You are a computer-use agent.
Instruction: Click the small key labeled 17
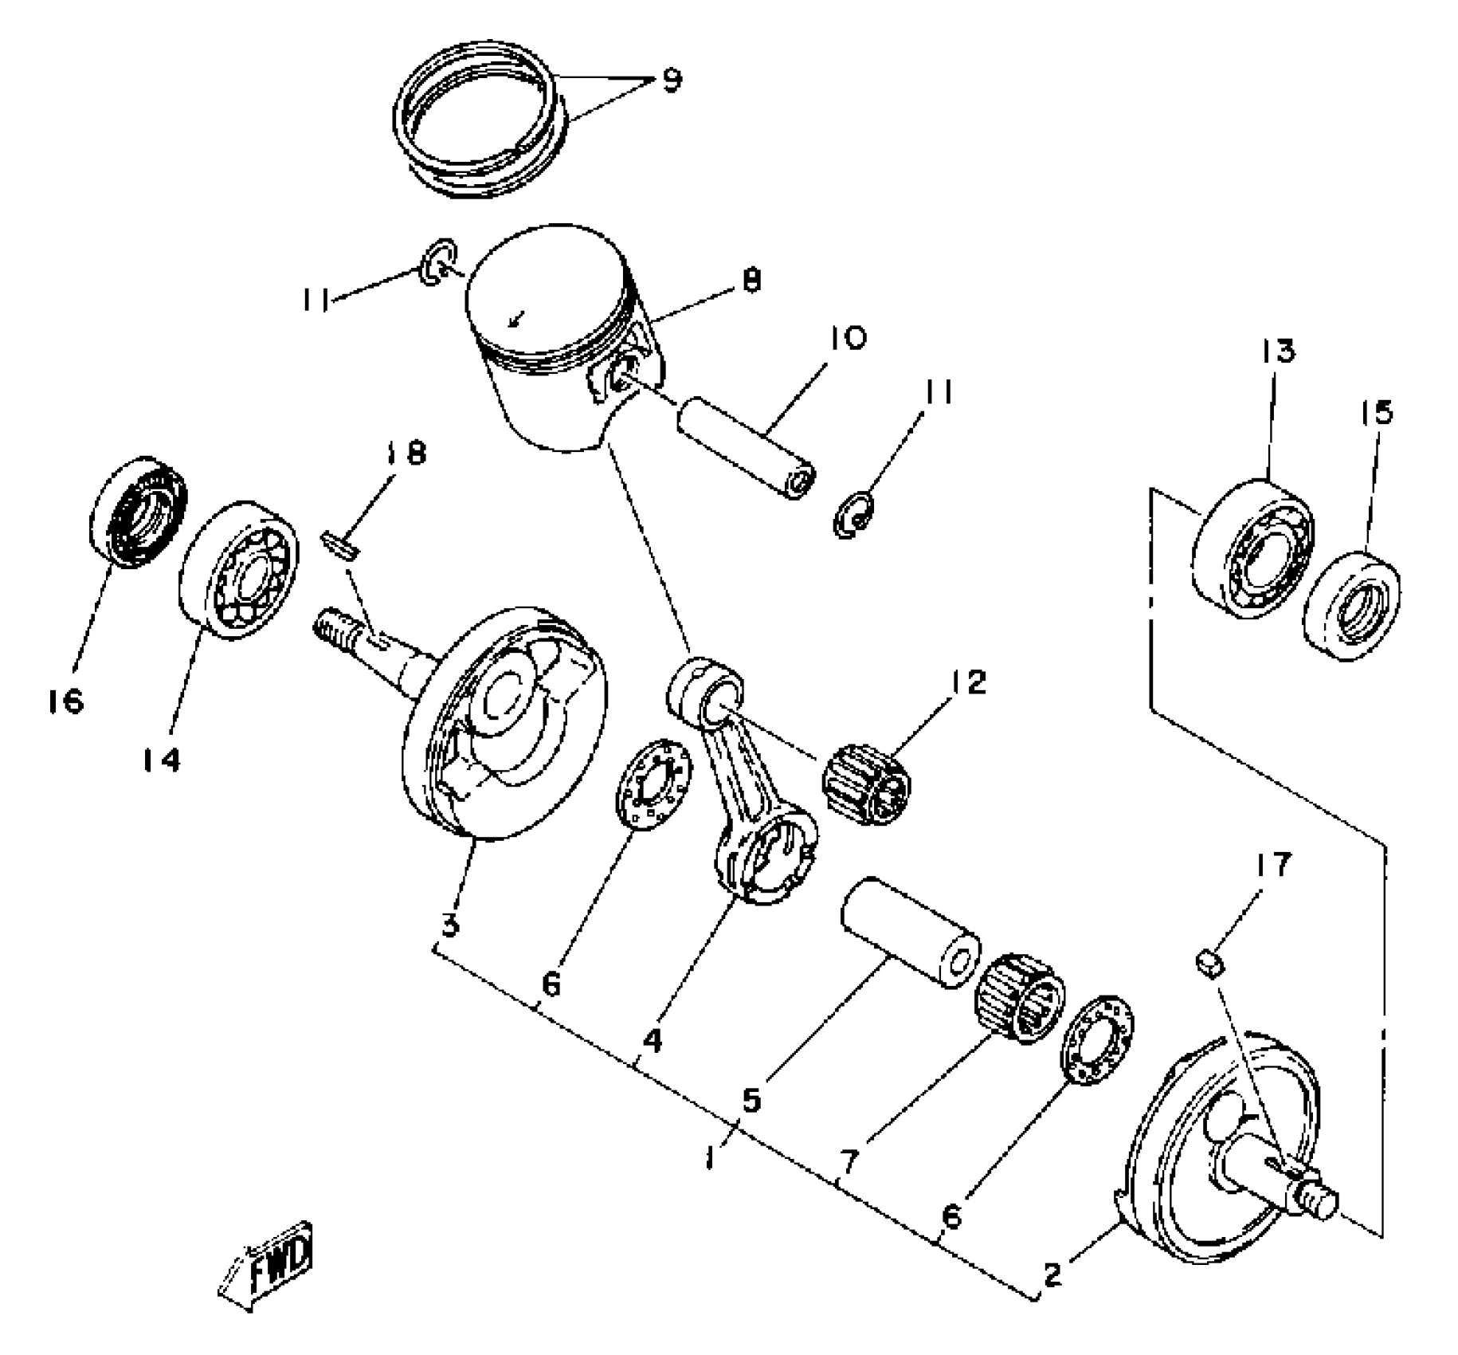pos(1210,962)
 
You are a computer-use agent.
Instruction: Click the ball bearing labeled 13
pos(1253,551)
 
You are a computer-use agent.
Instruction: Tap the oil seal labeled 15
pos(1353,606)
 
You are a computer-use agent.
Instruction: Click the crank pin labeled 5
pos(911,932)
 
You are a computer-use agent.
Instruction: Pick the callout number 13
pos(1278,351)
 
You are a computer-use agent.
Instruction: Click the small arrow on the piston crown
pos(516,319)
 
